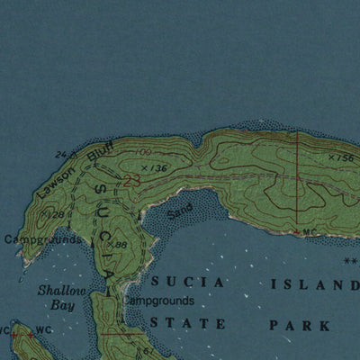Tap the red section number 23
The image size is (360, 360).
pos(132,182)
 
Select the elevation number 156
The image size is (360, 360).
pos(343,157)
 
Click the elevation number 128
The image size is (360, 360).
pos(55,214)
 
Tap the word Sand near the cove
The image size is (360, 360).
pos(179,213)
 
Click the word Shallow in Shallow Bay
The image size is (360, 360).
pos(57,291)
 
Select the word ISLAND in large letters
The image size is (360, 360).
pos(308,284)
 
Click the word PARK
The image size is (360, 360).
pos(294,324)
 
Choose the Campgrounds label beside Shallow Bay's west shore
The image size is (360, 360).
pos(42,240)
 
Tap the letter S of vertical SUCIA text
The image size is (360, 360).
pos(102,190)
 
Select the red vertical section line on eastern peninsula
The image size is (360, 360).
pos(297,180)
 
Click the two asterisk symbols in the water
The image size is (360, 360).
pos(350,262)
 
